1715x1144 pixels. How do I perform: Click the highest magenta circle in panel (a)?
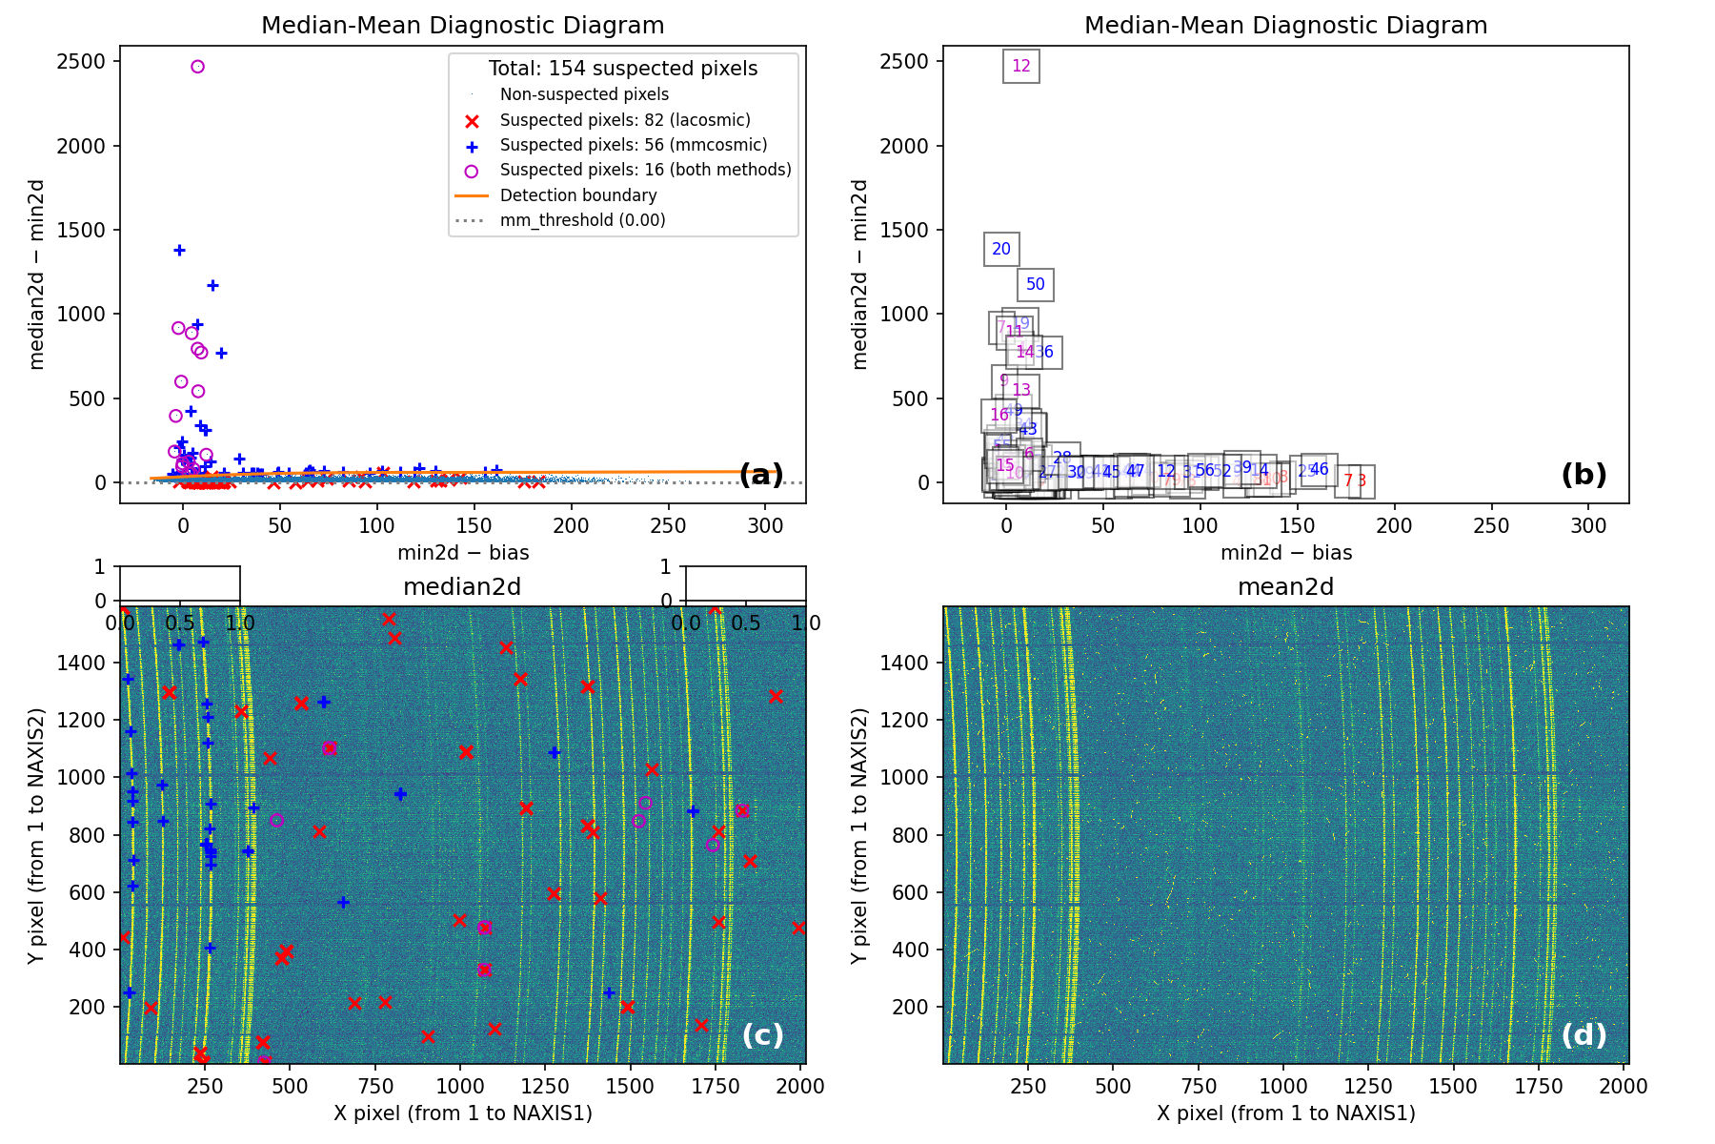(x=197, y=67)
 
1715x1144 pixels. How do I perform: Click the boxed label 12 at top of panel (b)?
(x=1021, y=66)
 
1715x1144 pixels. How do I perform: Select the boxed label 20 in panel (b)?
(x=1001, y=249)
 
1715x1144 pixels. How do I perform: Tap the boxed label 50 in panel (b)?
(x=1036, y=284)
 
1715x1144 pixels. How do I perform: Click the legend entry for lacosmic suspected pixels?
(x=625, y=120)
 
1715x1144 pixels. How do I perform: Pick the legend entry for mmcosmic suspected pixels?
(x=634, y=145)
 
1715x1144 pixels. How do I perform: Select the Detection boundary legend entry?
(x=578, y=195)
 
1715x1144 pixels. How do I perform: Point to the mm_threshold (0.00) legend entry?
(x=582, y=220)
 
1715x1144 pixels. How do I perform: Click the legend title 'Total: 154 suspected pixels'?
(x=623, y=69)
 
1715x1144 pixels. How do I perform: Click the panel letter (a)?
(x=760, y=475)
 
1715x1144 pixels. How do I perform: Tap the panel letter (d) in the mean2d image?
(x=1584, y=1034)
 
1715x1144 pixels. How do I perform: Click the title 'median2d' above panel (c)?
(x=462, y=587)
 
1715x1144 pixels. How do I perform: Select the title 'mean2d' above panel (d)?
(x=1285, y=587)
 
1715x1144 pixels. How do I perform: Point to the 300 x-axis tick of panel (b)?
(x=1588, y=525)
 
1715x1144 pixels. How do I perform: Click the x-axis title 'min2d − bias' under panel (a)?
(x=463, y=553)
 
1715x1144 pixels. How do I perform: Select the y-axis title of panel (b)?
(x=859, y=275)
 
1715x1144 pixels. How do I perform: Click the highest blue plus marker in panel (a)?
(x=179, y=250)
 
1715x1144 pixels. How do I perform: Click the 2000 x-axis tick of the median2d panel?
(x=800, y=1087)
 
